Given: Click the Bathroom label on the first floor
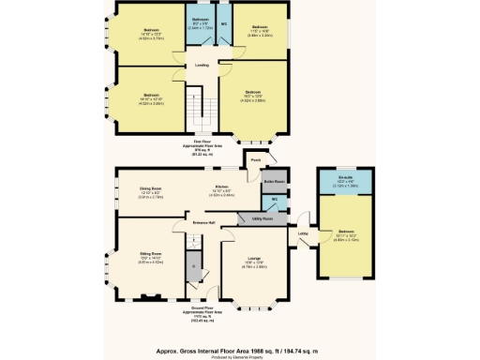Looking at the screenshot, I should click(201, 20).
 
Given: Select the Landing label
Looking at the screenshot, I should click(201, 65).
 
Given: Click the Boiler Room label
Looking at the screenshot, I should click(275, 180).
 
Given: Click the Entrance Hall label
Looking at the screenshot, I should click(204, 222).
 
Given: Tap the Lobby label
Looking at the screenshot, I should click(303, 232).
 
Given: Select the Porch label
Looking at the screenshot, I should click(254, 160).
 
